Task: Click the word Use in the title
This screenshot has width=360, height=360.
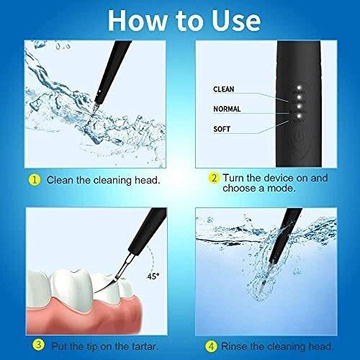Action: click(x=236, y=21)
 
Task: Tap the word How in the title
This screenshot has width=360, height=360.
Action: click(x=138, y=21)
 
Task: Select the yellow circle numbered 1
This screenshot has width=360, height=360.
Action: click(x=35, y=180)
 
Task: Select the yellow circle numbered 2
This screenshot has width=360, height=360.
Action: click(x=214, y=179)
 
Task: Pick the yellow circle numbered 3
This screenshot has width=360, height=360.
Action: click(x=38, y=346)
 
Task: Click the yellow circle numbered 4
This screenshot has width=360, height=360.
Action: click(x=211, y=346)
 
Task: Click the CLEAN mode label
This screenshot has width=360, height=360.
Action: click(x=224, y=89)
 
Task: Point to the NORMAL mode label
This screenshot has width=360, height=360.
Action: click(x=227, y=109)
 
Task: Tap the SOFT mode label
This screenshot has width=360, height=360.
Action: click(x=222, y=129)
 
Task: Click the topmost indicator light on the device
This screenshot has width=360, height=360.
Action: click(x=300, y=87)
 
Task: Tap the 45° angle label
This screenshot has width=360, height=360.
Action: click(x=153, y=276)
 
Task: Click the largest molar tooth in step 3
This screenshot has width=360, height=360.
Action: click(x=72, y=289)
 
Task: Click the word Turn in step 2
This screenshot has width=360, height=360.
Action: click(x=233, y=178)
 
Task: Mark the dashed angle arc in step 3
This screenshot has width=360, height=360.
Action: click(x=152, y=258)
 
